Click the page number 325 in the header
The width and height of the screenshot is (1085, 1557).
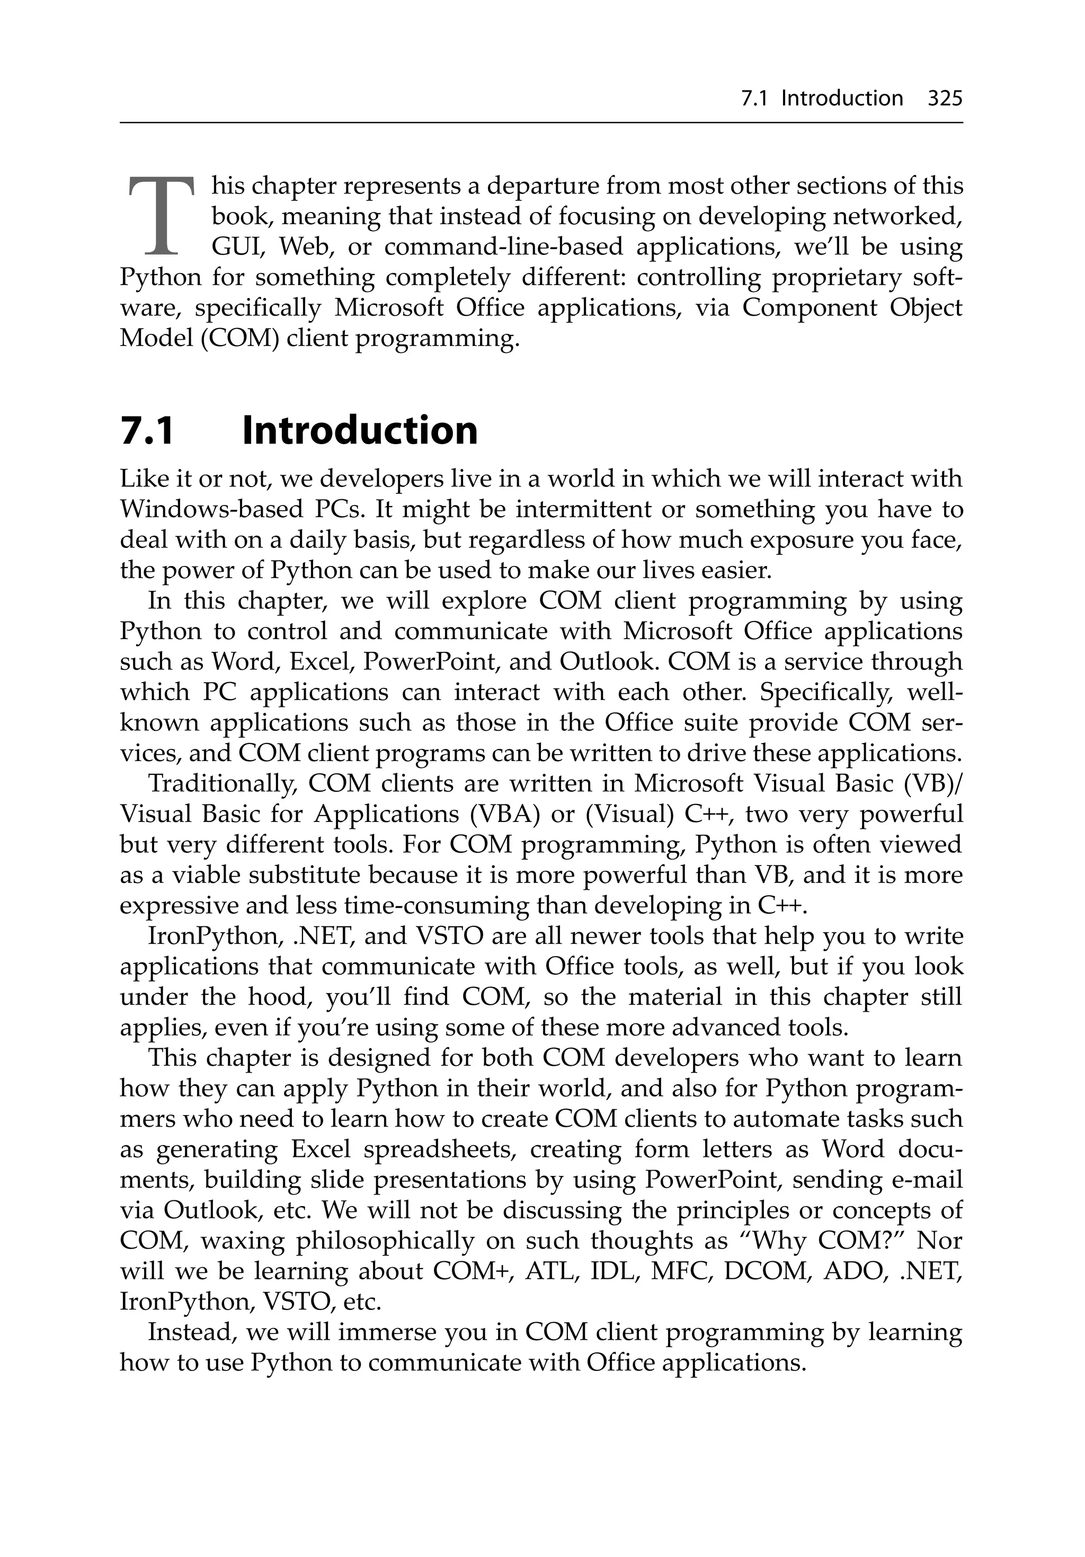[x=945, y=99]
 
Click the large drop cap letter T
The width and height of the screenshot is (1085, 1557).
[x=161, y=216]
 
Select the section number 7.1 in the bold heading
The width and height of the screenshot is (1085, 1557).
[x=147, y=431]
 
